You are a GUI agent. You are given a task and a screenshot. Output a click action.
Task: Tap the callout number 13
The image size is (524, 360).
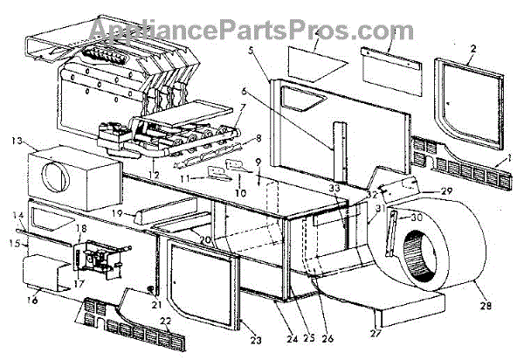pyautogui.click(x=17, y=140)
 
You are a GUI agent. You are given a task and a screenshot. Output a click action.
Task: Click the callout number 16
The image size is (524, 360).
pyautogui.click(x=31, y=300)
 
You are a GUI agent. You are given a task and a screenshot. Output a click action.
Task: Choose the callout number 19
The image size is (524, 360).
pyautogui.click(x=116, y=212)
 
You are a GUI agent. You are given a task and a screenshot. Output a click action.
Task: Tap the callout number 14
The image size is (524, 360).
pyautogui.click(x=17, y=214)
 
